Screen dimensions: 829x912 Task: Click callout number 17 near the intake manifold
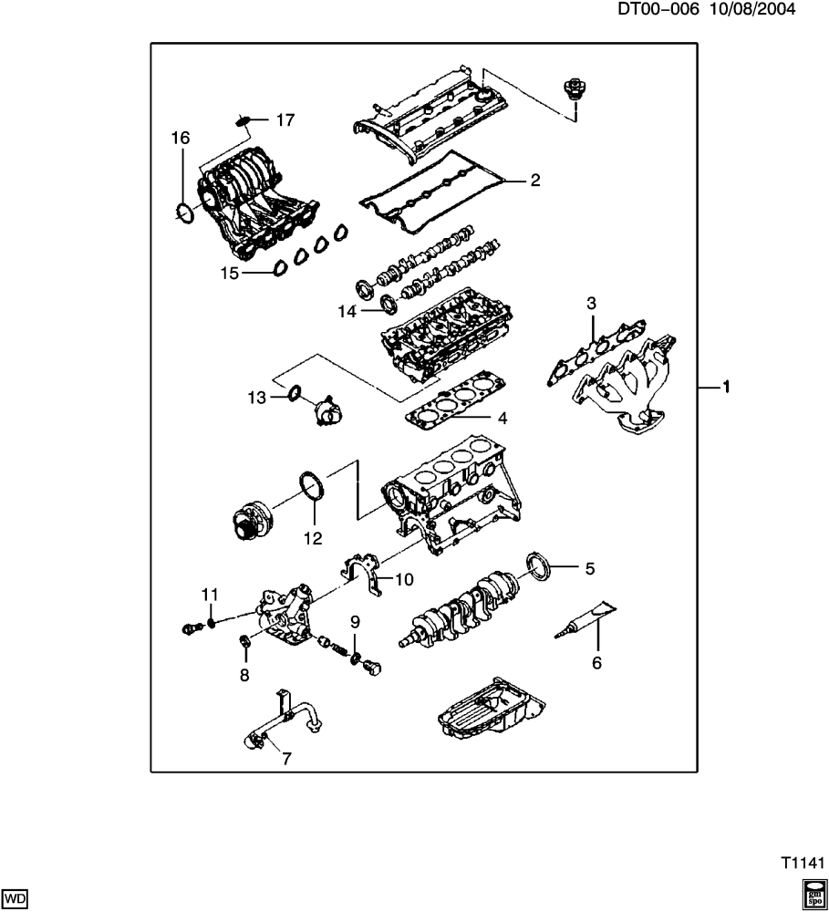click(x=285, y=120)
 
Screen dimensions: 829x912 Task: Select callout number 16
click(x=181, y=139)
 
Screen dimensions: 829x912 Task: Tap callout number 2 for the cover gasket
click(x=535, y=181)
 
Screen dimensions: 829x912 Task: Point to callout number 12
click(x=313, y=538)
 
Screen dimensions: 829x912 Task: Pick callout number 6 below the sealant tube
click(x=596, y=662)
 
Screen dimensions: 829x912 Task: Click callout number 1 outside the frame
click(x=726, y=386)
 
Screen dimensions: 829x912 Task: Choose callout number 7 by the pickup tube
click(x=286, y=759)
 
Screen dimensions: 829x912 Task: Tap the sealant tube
click(x=585, y=621)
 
